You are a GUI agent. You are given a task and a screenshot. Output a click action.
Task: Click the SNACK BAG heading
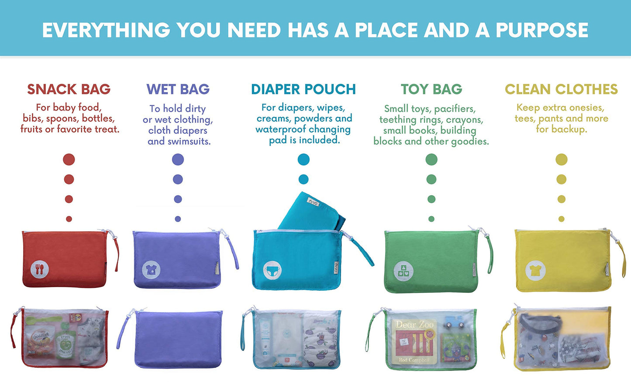tap(69, 89)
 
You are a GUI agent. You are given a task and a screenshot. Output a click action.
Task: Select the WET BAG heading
tap(178, 89)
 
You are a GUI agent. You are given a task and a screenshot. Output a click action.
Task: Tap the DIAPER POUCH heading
tap(303, 89)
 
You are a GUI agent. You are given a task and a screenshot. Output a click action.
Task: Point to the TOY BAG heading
tap(431, 89)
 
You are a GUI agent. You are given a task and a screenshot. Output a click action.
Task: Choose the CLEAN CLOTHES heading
tap(561, 89)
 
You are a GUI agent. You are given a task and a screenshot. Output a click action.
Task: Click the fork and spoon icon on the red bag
tap(40, 269)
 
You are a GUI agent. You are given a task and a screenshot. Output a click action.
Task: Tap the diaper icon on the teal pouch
tap(272, 271)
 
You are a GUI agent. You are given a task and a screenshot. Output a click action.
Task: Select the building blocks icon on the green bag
tap(403, 271)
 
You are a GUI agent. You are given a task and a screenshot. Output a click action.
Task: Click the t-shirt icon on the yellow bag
tap(535, 271)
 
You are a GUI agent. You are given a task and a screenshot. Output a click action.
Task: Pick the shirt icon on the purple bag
tap(151, 270)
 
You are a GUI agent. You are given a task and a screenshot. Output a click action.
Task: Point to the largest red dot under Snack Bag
tap(69, 160)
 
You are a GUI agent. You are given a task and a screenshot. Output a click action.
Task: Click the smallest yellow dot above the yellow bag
tap(561, 219)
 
